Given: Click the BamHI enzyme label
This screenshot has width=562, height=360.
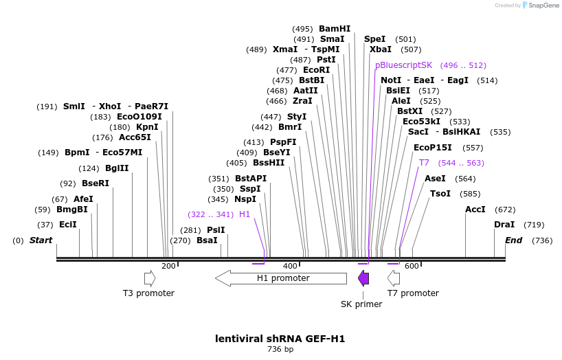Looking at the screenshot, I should (334, 29).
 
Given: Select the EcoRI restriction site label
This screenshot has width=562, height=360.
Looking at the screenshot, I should (316, 70).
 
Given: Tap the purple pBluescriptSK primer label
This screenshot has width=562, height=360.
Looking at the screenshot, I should (403, 65).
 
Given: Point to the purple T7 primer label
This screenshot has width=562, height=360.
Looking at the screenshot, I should (424, 163).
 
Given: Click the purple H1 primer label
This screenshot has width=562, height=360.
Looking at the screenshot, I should (245, 214).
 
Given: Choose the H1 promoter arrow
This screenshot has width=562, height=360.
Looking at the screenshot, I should (281, 278).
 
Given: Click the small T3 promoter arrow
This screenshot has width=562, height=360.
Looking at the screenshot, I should (149, 278).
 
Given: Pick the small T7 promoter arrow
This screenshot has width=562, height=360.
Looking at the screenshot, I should (394, 278).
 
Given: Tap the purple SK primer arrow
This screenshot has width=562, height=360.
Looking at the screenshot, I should (363, 278).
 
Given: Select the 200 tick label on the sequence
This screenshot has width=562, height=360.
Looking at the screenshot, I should (168, 267).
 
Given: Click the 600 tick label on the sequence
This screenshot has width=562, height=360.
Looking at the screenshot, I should (412, 267).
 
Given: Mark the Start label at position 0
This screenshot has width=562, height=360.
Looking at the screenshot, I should (41, 240).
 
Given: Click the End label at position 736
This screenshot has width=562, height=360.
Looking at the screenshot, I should (513, 240).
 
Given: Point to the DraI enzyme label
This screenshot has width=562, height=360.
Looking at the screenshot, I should (504, 225).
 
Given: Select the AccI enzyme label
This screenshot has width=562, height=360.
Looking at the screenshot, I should (475, 210).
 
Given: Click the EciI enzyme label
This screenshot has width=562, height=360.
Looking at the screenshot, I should (68, 225).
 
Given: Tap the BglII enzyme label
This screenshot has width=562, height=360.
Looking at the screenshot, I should (117, 168).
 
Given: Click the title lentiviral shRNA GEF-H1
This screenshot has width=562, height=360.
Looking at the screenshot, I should (280, 339).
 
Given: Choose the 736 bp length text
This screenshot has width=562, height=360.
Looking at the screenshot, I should (280, 350).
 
